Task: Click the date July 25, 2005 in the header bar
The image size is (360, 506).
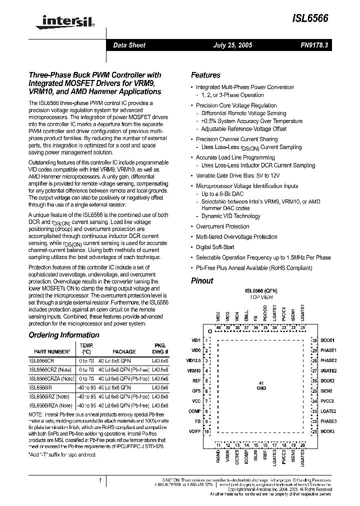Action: coord(232,45)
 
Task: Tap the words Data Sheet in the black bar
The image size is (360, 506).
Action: coord(129,45)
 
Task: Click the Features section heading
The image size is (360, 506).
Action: coord(205,75)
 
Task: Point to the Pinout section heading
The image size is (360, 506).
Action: coord(202,280)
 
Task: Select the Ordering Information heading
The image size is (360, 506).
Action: coord(63,335)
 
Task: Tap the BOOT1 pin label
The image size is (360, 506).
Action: coord(327,340)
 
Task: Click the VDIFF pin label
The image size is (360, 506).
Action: coord(194,431)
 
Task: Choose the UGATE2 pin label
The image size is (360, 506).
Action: coord(328,371)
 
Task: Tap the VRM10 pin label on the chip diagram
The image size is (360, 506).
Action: coord(194,371)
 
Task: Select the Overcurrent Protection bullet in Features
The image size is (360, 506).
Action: coord(222,226)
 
